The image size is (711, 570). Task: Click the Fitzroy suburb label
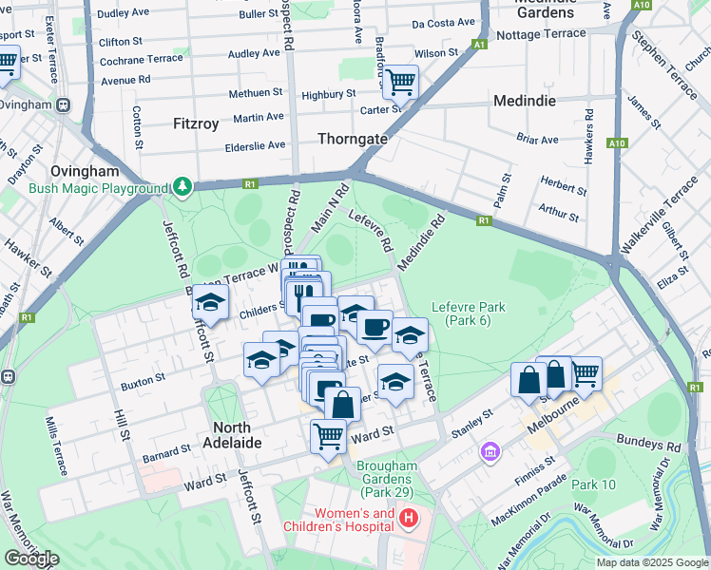196,123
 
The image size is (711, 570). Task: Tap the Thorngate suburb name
352,139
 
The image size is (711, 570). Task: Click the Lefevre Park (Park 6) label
468,313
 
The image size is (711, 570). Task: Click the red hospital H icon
408,519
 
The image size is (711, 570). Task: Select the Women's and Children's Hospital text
337,520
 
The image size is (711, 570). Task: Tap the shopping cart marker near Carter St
400,82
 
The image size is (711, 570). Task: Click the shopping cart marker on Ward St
328,437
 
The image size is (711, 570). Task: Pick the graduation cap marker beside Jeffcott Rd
210,304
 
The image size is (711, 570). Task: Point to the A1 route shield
480,45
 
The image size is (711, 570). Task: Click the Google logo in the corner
31,558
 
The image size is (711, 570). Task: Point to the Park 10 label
594,484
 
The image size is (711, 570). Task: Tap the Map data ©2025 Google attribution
651,562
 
